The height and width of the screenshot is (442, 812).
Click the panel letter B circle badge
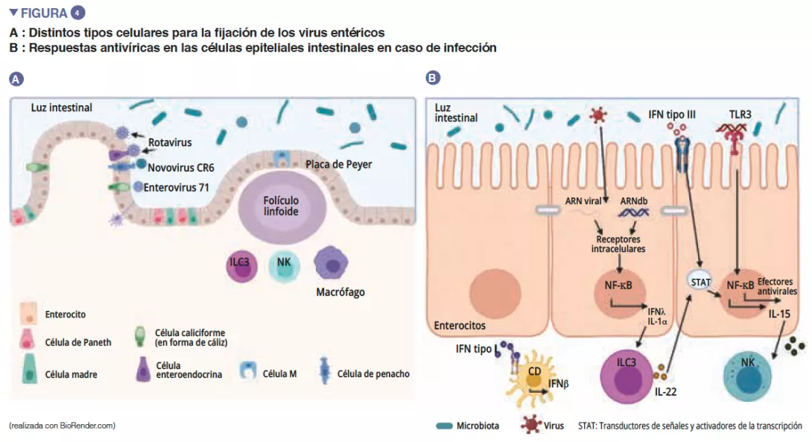[432, 78]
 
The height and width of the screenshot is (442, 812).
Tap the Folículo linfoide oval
[281, 206]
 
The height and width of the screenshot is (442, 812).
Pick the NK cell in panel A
[284, 264]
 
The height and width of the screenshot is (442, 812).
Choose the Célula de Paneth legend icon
[29, 343]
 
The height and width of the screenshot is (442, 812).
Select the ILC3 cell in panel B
[627, 371]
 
